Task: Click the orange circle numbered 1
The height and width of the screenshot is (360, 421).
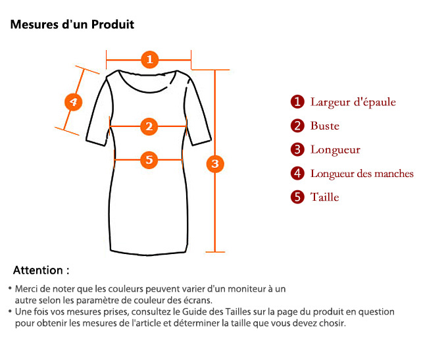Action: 150,59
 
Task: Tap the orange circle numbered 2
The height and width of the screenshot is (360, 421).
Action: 149,126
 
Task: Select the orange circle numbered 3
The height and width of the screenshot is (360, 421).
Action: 215,164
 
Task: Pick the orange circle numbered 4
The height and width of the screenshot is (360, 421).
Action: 73,102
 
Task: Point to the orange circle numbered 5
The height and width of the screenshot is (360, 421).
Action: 149,160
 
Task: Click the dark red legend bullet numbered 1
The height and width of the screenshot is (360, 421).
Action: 297,102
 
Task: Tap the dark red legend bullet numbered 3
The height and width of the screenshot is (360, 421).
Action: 297,149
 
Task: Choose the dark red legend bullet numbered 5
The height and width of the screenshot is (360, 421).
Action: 297,197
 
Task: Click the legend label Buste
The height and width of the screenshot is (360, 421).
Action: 325,126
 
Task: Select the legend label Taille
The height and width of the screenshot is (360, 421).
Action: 324,197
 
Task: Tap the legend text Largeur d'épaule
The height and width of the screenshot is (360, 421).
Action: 353,103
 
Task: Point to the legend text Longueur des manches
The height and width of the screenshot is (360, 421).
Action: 362,174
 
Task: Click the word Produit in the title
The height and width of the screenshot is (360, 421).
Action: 112,24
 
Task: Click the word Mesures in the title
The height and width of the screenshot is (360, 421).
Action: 34,24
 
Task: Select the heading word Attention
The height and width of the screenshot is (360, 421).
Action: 38,270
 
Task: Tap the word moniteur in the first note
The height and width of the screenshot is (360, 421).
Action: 245,289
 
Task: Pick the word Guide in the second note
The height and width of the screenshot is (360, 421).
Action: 193,312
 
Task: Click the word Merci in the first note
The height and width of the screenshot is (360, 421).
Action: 26,289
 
